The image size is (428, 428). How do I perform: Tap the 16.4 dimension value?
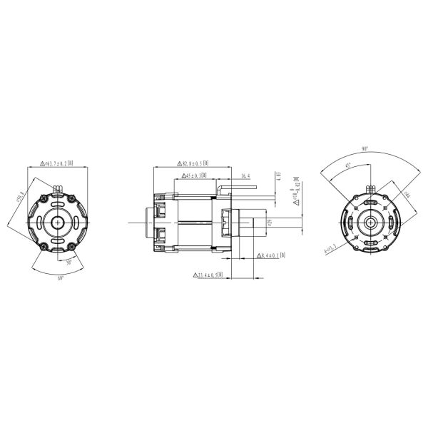[x=245, y=175]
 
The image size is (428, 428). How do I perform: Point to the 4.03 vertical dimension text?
[x=278, y=176]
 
